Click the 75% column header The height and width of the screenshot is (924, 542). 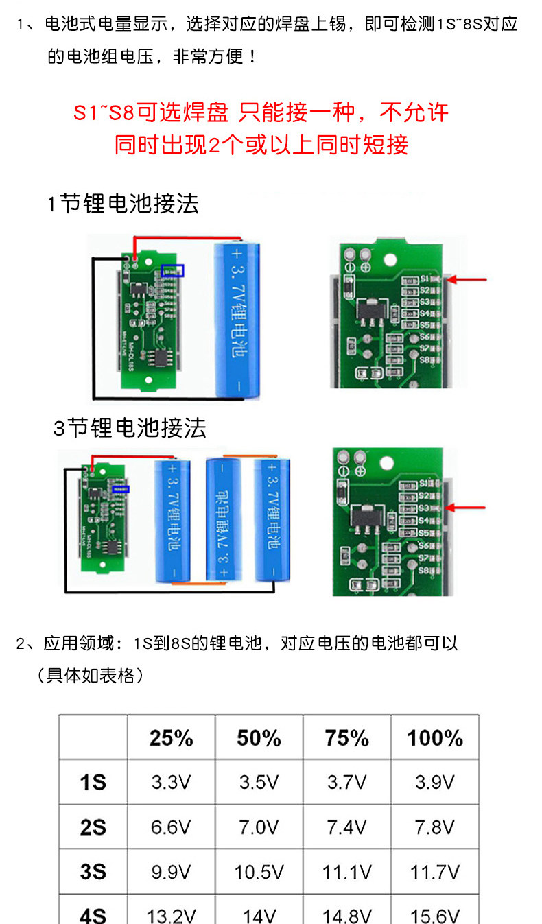(x=346, y=738)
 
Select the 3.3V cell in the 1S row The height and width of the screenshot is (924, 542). (x=171, y=782)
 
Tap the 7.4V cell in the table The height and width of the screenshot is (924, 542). (x=346, y=827)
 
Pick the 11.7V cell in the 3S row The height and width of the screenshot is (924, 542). (x=434, y=872)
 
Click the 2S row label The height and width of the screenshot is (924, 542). (x=93, y=827)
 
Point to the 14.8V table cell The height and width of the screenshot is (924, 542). (x=346, y=915)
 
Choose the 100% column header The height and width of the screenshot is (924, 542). (x=434, y=738)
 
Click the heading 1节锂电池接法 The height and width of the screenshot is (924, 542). (x=123, y=204)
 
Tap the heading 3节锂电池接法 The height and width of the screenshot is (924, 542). (x=130, y=428)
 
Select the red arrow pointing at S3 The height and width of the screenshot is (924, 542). (x=467, y=508)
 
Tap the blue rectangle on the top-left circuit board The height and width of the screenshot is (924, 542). (x=172, y=271)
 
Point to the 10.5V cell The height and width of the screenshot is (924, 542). (x=259, y=872)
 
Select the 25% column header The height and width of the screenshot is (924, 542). (x=171, y=738)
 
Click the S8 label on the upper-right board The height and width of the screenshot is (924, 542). (x=425, y=359)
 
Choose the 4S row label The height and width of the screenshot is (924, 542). (x=93, y=915)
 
